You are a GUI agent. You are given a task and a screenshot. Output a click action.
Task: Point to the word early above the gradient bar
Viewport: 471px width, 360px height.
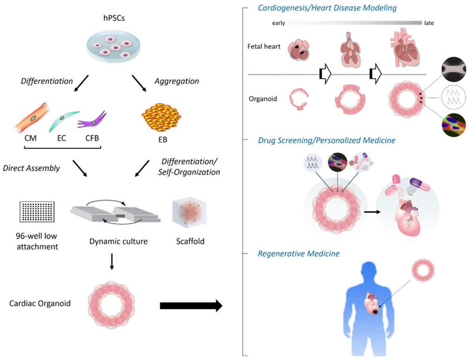pos(278,23)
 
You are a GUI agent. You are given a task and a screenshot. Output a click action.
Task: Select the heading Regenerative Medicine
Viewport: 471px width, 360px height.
pos(298,254)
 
